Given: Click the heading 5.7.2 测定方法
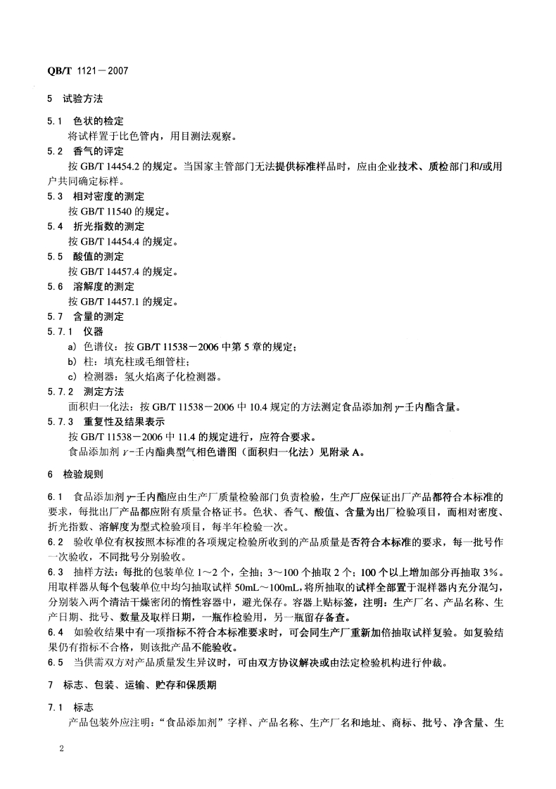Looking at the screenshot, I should pyautogui.click(x=84, y=392).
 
